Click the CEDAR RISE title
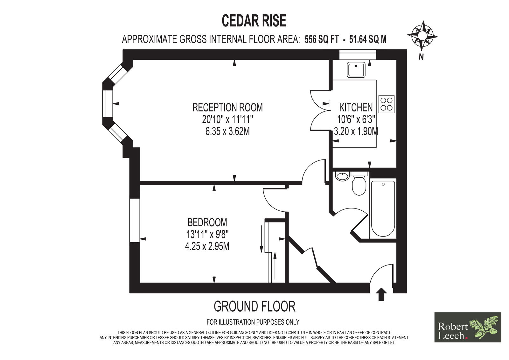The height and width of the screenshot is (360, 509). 254,21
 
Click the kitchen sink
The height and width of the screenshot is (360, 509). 356,70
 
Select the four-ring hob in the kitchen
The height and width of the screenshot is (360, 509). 386,104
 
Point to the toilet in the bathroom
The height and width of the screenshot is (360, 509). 359,183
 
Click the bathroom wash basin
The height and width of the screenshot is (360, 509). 342,176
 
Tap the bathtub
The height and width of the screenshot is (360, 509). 383,208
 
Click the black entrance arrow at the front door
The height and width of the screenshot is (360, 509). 381,294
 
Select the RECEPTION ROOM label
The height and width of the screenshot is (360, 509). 227,107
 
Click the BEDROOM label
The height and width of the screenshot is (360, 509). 207,222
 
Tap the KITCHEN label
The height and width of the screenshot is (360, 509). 356,107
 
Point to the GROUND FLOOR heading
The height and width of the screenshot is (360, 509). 254,306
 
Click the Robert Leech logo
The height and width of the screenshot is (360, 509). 468,327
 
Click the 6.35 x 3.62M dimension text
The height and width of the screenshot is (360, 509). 227,131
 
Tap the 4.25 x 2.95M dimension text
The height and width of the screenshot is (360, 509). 207,246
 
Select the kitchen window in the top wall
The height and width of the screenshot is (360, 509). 358,54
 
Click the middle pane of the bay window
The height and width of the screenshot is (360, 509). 108,104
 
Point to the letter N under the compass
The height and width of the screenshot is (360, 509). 421,57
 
